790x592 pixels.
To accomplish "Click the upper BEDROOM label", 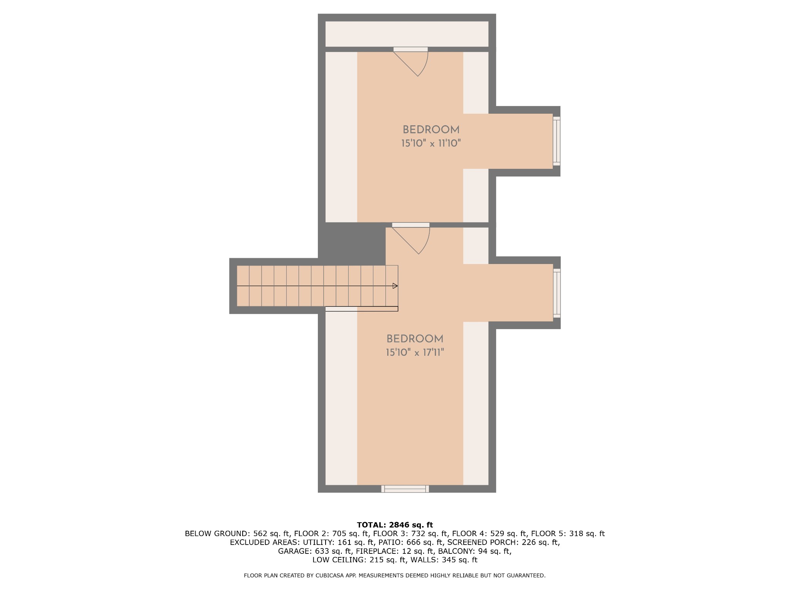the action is point(431,130).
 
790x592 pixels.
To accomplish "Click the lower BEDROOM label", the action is point(415,339).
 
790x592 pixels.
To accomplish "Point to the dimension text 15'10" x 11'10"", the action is point(431,143).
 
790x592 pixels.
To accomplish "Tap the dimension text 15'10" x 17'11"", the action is point(415,353).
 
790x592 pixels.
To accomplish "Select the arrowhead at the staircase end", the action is point(395,286).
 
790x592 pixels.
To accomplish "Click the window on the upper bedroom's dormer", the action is point(557,141).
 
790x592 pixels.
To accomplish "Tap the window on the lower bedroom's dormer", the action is point(557,293).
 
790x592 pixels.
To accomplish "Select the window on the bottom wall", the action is point(405,489).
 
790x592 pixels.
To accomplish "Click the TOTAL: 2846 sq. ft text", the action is point(395,525).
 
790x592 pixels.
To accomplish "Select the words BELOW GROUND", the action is point(217,534).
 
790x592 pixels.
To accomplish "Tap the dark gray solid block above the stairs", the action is point(352,243).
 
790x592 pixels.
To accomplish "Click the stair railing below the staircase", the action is point(362,309).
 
